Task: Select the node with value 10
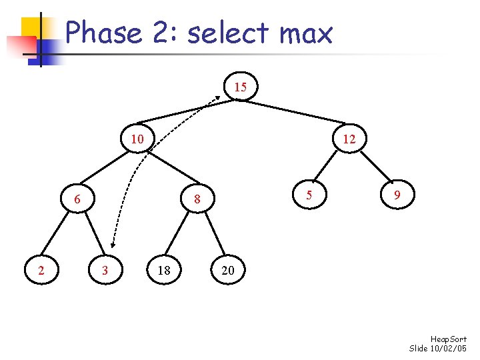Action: coord(137,139)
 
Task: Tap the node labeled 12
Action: coord(349,139)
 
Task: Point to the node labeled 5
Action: coord(308,195)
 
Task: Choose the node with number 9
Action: coord(397,195)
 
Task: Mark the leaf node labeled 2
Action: coord(41,270)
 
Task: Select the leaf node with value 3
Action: coord(105,270)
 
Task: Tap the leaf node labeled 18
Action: coord(163,270)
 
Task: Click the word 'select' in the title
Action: coord(223,33)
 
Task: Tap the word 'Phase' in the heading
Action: coord(103,33)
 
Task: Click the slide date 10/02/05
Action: coord(450,349)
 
